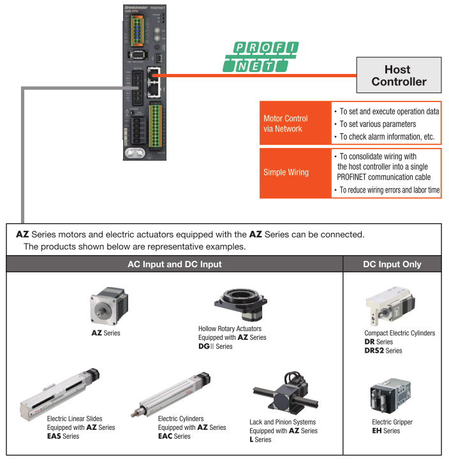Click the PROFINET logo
(x=260, y=57)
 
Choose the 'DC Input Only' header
(x=392, y=264)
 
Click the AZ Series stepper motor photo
(x=106, y=308)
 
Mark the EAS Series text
(x=63, y=436)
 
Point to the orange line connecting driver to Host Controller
(x=255, y=75)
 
